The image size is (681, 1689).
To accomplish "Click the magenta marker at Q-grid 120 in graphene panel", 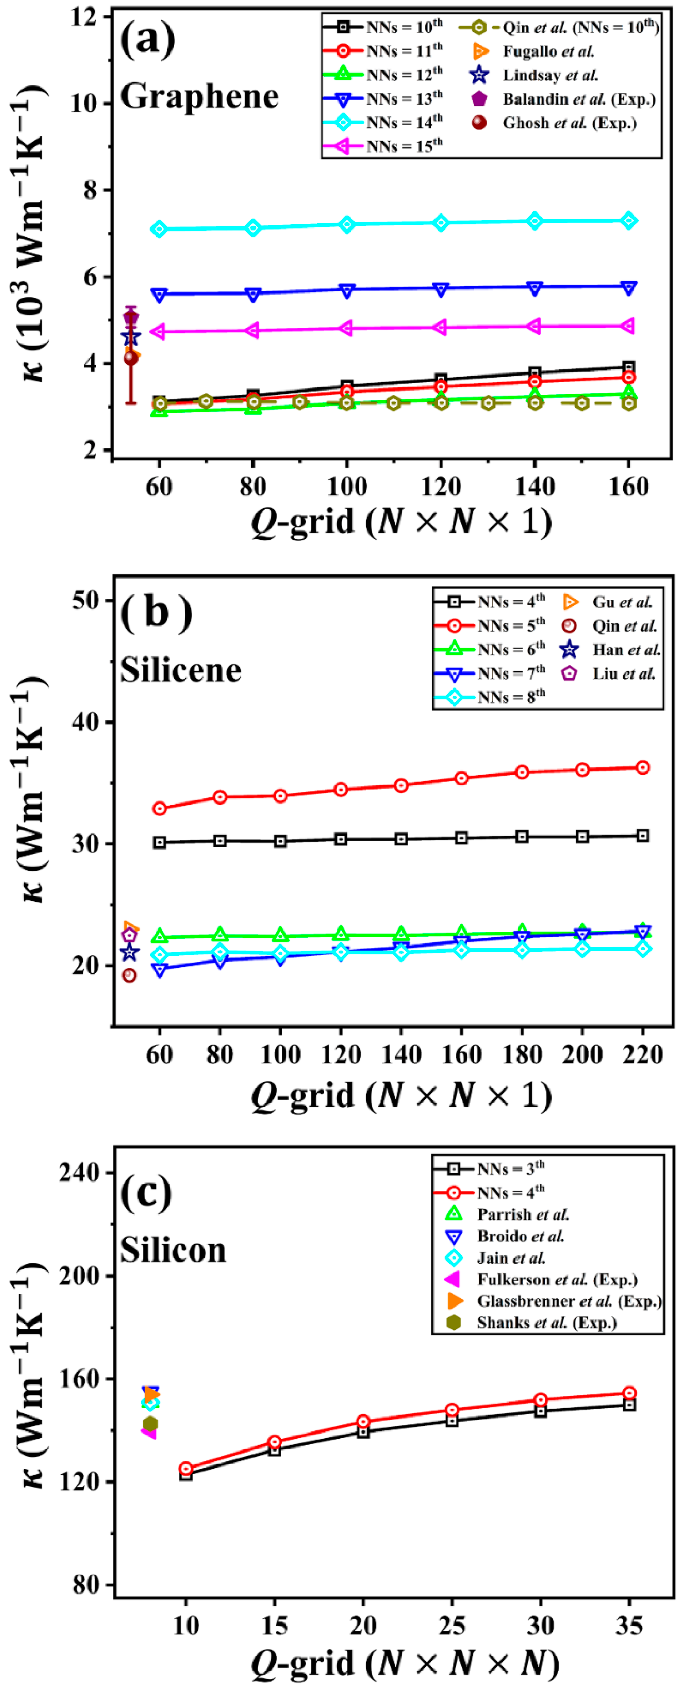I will pyautogui.click(x=441, y=327).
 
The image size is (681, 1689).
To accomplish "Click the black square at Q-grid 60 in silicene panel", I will pyautogui.click(x=159, y=843).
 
